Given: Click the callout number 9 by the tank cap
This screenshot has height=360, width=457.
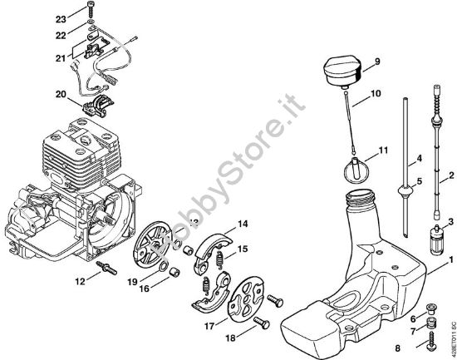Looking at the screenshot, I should tap(377, 61).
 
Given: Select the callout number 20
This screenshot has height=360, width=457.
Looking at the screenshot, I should tap(60, 95).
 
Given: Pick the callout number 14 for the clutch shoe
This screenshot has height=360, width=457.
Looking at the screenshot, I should tap(243, 224).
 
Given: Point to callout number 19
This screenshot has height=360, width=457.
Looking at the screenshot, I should tap(132, 283).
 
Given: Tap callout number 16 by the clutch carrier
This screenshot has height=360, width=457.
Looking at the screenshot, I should tap(145, 288).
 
